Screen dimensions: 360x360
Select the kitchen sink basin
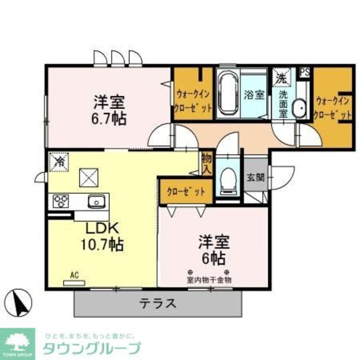point(96,202)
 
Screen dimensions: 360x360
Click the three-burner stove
point(61,201)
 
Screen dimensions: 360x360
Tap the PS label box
point(304,72)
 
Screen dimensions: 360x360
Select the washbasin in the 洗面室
point(299,108)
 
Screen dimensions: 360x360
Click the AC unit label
point(74,276)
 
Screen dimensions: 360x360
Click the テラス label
point(158,303)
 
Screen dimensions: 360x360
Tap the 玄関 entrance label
point(256,177)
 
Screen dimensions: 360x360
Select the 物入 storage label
point(206,163)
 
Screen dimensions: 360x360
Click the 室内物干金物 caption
point(209,279)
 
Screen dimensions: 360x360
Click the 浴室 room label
point(255,95)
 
